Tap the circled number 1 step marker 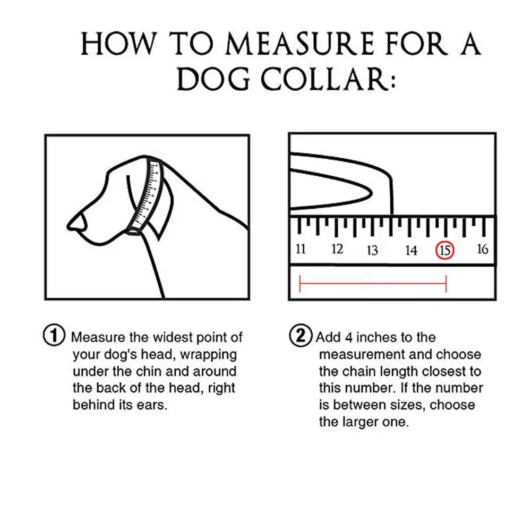53,336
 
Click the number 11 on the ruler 301,249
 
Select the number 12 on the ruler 337,249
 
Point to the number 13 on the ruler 372,250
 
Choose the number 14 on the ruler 411,250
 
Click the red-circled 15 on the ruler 445,250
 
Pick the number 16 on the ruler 482,249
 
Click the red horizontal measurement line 373,284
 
